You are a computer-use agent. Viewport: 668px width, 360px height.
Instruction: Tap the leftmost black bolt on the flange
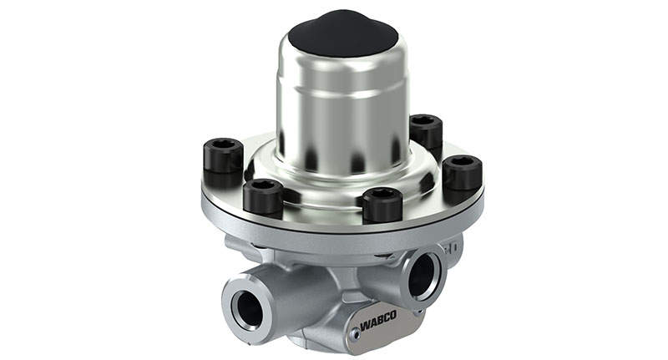(x=223, y=160)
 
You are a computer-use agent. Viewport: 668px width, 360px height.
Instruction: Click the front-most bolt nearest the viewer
(x=383, y=203)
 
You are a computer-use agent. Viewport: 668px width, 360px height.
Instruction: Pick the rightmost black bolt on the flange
(x=462, y=172)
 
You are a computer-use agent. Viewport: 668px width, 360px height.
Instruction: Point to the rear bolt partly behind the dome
(x=426, y=132)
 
